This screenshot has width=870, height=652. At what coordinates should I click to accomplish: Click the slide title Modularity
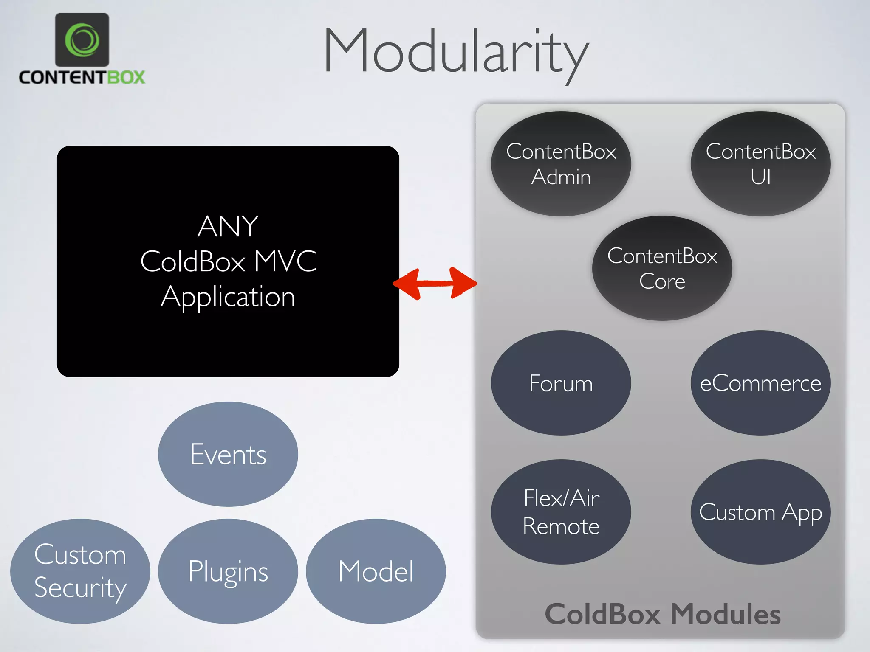(456, 51)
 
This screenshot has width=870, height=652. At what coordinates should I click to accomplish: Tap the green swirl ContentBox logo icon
(82, 40)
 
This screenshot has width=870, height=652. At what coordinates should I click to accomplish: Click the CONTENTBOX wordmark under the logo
(82, 77)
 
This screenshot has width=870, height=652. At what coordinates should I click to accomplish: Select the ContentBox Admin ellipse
(561, 164)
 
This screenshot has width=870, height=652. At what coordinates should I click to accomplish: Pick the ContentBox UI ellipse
(760, 164)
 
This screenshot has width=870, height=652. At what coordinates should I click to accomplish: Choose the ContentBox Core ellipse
(662, 268)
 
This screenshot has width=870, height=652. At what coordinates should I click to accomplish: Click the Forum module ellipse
(561, 383)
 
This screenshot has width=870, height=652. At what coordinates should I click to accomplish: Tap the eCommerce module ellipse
(760, 383)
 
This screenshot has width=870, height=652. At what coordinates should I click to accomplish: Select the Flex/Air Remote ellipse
(561, 512)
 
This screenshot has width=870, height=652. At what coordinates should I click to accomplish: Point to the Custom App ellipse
(760, 512)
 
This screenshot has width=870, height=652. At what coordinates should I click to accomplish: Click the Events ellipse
(228, 454)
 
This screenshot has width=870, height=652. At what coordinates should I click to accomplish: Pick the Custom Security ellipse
(80, 571)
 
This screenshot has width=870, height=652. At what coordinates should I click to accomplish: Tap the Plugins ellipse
(228, 571)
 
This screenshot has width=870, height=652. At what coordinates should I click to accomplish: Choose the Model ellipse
(376, 571)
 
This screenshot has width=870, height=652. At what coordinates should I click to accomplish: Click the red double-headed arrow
(435, 284)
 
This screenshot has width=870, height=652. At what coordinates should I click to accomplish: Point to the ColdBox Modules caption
(663, 614)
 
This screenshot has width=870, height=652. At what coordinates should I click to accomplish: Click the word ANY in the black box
(228, 226)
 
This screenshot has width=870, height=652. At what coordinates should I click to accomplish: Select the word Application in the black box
(228, 297)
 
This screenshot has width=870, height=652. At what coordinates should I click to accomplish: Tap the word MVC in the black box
(285, 261)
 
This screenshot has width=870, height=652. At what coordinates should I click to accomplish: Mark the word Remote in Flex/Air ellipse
(561, 526)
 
